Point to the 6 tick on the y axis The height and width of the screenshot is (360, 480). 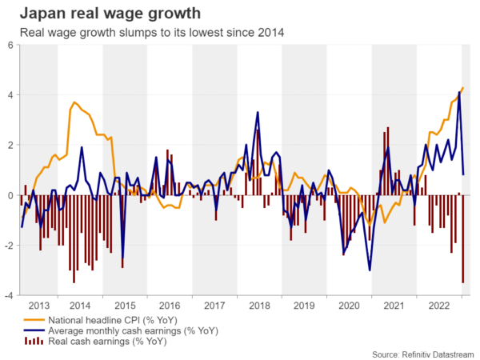click(x=10, y=46)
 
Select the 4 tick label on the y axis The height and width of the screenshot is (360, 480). click(x=10, y=95)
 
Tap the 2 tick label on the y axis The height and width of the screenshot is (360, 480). click(x=10, y=146)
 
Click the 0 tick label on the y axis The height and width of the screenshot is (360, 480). click(x=10, y=195)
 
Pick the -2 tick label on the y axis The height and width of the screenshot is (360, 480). click(x=8, y=246)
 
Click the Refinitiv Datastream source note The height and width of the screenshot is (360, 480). click(x=422, y=353)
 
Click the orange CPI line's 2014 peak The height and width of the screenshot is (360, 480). click(x=74, y=102)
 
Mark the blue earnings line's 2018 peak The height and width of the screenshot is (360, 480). click(x=258, y=112)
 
